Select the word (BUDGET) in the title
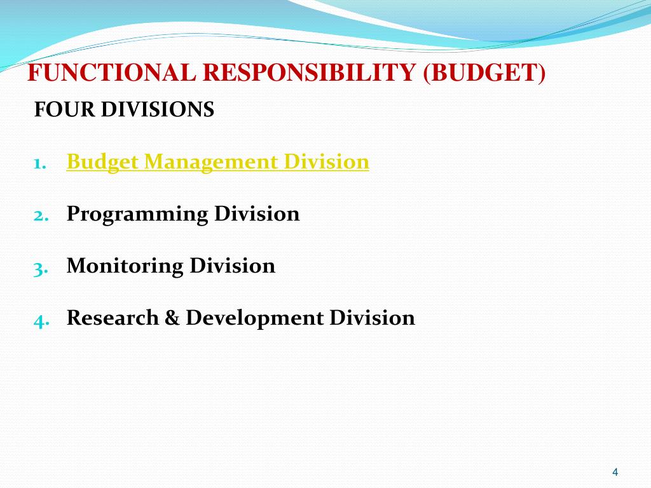[x=484, y=74]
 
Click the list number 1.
[x=39, y=163]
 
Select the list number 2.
[x=41, y=215]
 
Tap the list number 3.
[x=41, y=268]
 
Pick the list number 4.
[x=41, y=320]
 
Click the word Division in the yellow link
[x=327, y=162]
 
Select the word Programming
[x=137, y=215]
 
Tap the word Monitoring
[x=125, y=266]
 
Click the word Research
[x=113, y=317]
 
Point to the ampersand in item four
[x=172, y=317]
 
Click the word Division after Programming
[x=257, y=214]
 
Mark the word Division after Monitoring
[x=233, y=266]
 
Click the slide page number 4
[x=615, y=472]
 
